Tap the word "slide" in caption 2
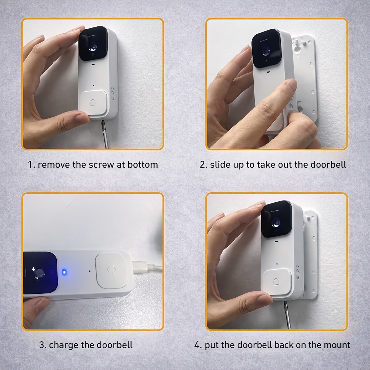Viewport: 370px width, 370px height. click(x=220, y=165)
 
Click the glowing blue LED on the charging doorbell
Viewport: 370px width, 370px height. click(x=64, y=272)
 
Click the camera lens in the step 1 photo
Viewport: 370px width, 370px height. click(x=93, y=48)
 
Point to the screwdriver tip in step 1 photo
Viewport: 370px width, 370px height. click(x=103, y=122)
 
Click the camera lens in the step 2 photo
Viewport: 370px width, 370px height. click(x=266, y=51)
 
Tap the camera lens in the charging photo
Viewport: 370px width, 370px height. click(x=39, y=273)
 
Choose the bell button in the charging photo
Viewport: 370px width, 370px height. click(x=111, y=270)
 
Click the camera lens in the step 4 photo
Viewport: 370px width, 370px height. click(x=276, y=222)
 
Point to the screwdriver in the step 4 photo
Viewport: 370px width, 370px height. click(x=287, y=315)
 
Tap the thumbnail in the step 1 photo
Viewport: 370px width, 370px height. click(x=82, y=119)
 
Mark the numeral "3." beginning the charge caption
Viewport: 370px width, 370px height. click(x=43, y=345)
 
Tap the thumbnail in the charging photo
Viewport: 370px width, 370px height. click(x=43, y=304)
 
